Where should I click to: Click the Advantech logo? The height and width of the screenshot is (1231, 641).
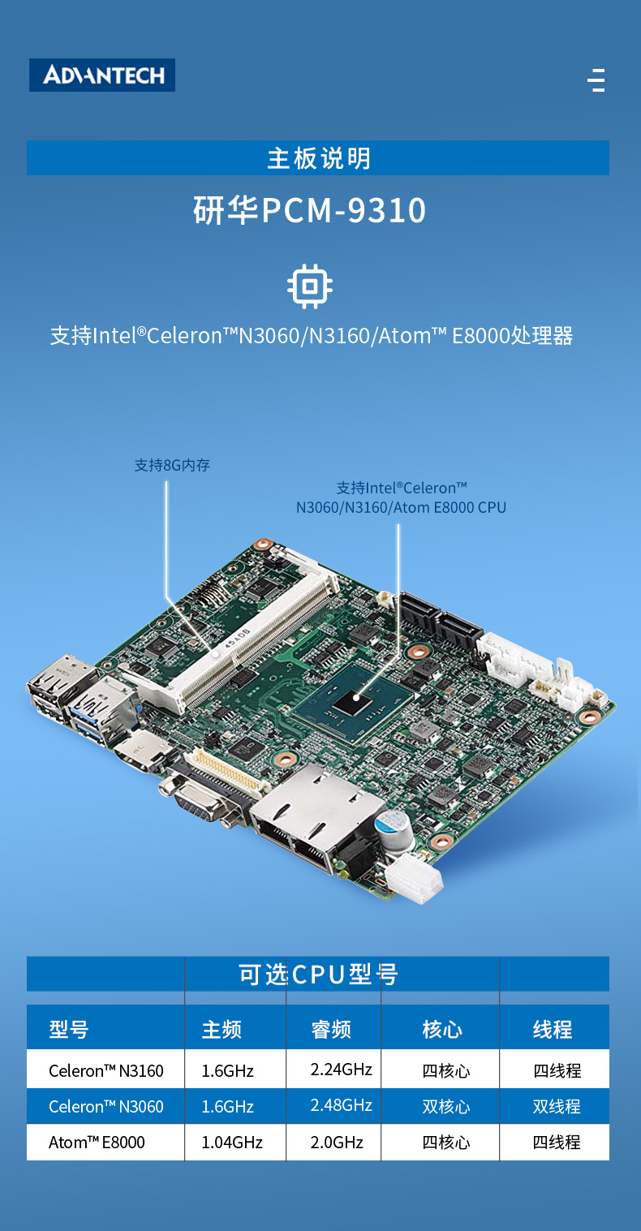point(102,75)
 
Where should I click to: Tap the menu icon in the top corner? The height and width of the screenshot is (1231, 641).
point(596,80)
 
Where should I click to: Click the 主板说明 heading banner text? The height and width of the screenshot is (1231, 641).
point(319,158)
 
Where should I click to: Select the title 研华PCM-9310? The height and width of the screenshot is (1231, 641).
point(310,210)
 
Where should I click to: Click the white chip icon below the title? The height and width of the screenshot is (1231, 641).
point(310,286)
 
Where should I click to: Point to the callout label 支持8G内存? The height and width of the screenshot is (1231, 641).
point(173,466)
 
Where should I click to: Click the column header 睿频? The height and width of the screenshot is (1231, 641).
point(331,1029)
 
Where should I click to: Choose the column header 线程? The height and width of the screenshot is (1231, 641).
point(553,1029)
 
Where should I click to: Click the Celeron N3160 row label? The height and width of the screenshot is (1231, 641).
point(106,1070)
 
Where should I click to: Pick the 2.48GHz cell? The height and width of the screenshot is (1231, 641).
point(341,1105)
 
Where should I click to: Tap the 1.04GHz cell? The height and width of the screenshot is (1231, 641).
point(232,1143)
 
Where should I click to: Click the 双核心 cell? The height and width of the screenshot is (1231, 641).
point(446,1106)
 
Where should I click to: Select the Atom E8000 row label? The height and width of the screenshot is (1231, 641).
point(97,1143)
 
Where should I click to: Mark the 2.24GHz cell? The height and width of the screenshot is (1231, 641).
point(341,1070)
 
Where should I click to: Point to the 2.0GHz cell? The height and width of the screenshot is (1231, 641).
point(337,1143)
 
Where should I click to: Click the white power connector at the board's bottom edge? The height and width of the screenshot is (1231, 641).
point(414,878)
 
